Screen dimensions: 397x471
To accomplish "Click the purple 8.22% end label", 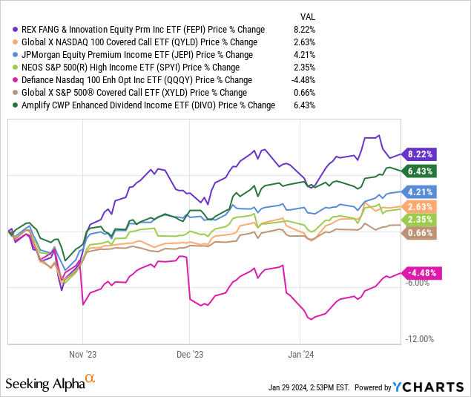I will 421,154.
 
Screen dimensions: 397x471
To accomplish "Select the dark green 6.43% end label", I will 421,171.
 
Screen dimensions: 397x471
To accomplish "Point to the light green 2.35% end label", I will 421,220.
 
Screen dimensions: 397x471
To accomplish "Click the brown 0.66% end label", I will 421,233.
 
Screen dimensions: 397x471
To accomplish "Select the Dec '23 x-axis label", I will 192,354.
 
